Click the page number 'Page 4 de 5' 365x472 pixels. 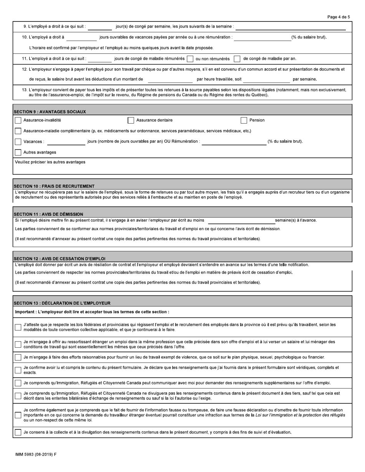tap(338, 17)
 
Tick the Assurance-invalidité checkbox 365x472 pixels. tap(18, 120)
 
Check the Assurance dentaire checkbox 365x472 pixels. tap(131, 120)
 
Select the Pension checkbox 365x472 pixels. tap(244, 120)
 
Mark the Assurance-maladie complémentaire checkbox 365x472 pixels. tap(18, 131)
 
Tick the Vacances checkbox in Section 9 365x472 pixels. tap(18, 142)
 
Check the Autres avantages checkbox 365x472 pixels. tap(18, 152)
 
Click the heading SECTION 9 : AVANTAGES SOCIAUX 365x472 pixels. tap(50, 112)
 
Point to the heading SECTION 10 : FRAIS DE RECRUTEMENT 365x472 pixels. tap(54, 186)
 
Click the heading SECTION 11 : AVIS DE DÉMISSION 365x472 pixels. tap(48, 214)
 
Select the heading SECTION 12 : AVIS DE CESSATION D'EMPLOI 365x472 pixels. tap(60, 259)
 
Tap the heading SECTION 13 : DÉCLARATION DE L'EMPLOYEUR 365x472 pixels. tap(62, 303)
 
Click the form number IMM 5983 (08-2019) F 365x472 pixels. tap(36, 454)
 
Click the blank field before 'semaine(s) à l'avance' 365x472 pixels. tap(241, 220)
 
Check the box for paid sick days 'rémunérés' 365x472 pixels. tap(190, 59)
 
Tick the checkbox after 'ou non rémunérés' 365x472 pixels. tap(237, 59)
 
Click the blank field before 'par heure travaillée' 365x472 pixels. tap(170, 79)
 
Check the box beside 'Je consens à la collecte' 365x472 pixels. tap(18, 432)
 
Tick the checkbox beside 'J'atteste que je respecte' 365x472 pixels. tap(18, 327)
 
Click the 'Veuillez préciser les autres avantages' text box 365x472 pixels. tap(182, 168)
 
